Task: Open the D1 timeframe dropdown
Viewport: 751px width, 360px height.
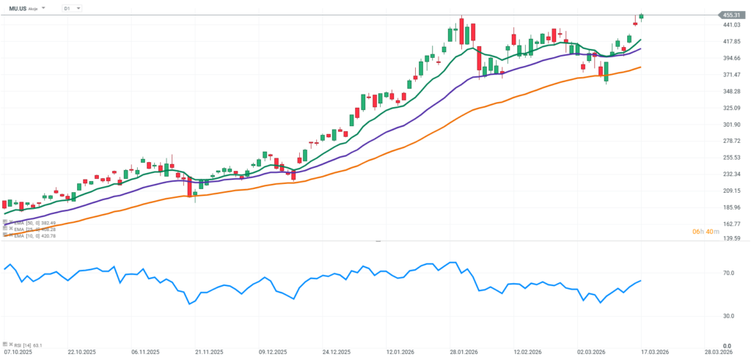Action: tap(71, 8)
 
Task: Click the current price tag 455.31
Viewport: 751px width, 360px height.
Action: tap(730, 15)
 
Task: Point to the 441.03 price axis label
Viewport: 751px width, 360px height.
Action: tap(730, 25)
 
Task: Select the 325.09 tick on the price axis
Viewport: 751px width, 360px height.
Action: tap(730, 108)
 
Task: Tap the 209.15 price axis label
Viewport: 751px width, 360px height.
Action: tap(730, 191)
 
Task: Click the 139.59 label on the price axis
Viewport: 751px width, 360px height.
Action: tap(730, 238)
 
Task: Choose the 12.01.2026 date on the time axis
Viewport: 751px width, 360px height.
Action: tap(403, 352)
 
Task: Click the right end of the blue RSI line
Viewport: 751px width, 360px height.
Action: tap(641, 281)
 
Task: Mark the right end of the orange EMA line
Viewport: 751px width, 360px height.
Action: tap(642, 67)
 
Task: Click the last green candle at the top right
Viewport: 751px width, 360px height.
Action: tap(641, 17)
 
